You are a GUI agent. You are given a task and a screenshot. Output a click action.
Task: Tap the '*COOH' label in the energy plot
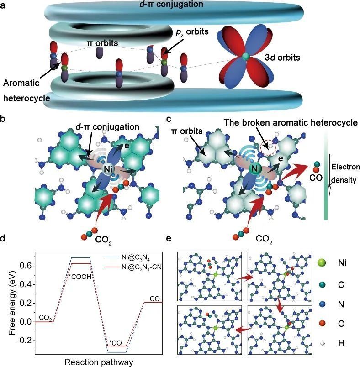[80, 276]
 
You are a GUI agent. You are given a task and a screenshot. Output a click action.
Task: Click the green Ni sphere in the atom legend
[322, 263]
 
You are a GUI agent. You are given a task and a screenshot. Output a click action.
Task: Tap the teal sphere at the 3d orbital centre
[246, 56]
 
